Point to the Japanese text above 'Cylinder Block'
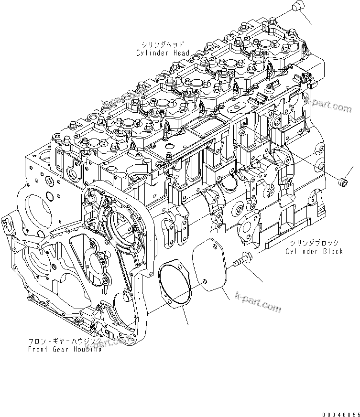click(316, 243)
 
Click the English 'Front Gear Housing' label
click(65, 350)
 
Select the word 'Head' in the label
click(181, 53)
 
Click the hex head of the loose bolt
click(248, 257)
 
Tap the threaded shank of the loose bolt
click(238, 263)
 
